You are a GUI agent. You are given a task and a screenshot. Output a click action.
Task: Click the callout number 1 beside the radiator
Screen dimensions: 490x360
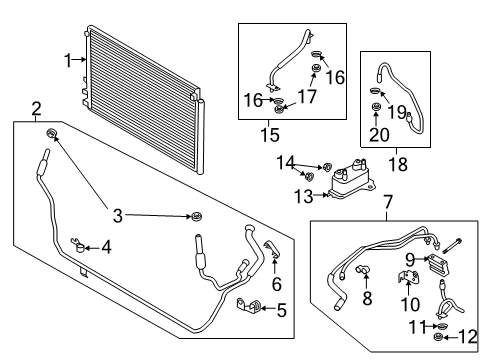(x=68, y=61)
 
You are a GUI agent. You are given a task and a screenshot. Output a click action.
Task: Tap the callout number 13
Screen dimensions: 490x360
(x=304, y=196)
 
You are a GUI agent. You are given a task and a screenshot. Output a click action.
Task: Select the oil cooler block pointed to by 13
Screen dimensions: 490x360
(x=352, y=179)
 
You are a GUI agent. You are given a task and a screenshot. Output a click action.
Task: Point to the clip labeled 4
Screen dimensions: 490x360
(x=78, y=245)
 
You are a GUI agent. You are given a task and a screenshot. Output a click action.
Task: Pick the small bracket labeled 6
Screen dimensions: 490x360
(x=272, y=250)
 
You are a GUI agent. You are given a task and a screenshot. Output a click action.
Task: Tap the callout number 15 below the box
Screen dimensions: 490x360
(x=270, y=135)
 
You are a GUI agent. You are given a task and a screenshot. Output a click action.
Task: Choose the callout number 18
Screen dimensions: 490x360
(x=398, y=164)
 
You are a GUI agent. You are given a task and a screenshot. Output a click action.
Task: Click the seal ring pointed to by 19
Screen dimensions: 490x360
(x=375, y=90)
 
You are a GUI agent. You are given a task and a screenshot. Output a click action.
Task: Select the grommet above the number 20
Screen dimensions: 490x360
(x=376, y=107)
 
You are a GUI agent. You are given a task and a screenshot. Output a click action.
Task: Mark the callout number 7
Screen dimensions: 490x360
(x=388, y=202)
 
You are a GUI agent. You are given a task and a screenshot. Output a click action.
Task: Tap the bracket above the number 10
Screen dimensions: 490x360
(x=409, y=276)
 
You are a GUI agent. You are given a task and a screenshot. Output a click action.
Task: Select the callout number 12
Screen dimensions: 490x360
(x=468, y=337)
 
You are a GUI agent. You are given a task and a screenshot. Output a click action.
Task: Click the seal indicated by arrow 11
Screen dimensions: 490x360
(x=441, y=326)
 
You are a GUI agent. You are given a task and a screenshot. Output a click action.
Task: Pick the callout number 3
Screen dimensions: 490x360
(x=118, y=216)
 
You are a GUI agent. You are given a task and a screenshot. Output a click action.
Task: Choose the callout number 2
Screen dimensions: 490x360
(x=36, y=109)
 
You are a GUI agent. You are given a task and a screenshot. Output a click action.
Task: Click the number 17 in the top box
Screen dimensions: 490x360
(x=306, y=97)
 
